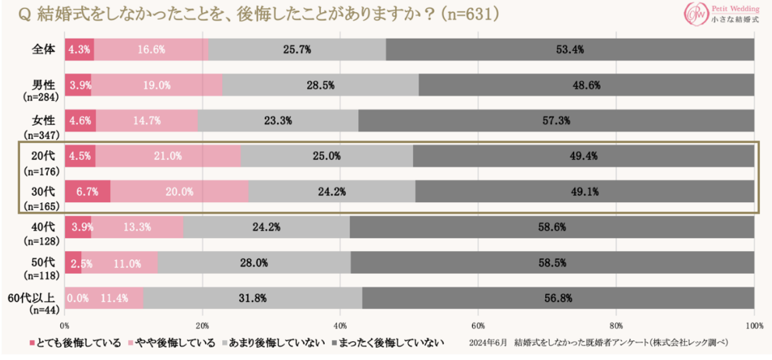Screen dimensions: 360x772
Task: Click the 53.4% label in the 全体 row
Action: point(569,50)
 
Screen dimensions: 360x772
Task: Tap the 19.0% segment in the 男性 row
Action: point(156,85)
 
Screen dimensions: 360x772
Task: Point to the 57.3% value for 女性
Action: point(556,120)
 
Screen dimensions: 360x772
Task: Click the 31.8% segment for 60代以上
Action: point(252,298)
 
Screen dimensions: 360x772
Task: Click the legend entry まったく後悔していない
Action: point(391,343)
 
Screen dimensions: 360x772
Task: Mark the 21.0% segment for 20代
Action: point(168,156)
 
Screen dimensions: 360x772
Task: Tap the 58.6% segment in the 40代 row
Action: point(552,227)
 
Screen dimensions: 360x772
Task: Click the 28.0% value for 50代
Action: point(254,263)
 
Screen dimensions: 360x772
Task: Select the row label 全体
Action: point(44,49)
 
